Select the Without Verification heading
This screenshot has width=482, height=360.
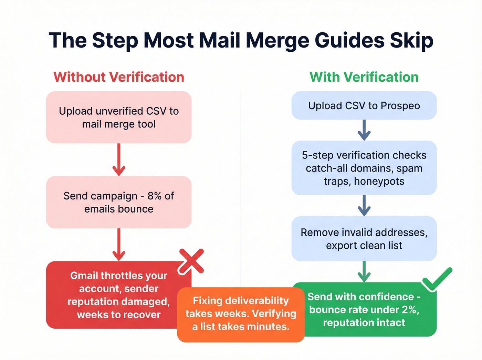[x=119, y=77]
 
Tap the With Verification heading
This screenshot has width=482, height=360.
[x=364, y=77]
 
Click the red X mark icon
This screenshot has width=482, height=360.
[x=191, y=261]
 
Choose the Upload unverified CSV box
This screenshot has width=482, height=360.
[x=119, y=117]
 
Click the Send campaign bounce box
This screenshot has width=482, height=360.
[x=119, y=202]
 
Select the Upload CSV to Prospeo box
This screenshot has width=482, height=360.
[x=364, y=105]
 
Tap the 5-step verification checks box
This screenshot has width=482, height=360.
[x=364, y=168]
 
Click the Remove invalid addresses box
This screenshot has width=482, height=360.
[x=364, y=239]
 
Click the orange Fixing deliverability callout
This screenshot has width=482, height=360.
[x=241, y=314]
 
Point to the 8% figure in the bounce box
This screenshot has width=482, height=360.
[x=155, y=196]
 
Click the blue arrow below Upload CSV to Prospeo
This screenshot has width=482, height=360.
[x=364, y=130]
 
